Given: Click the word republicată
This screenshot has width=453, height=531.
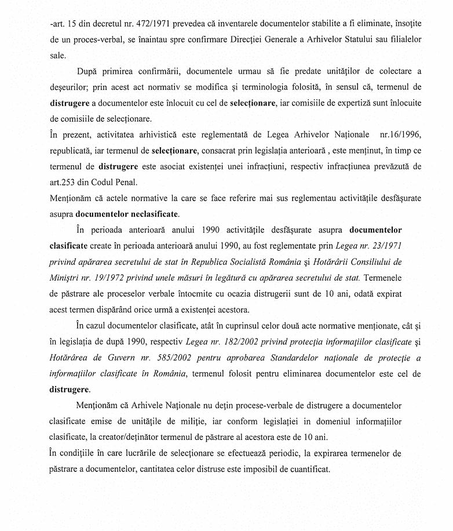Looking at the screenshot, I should coord(72,150).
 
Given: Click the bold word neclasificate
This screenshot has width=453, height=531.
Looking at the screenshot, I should coord(146,214).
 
